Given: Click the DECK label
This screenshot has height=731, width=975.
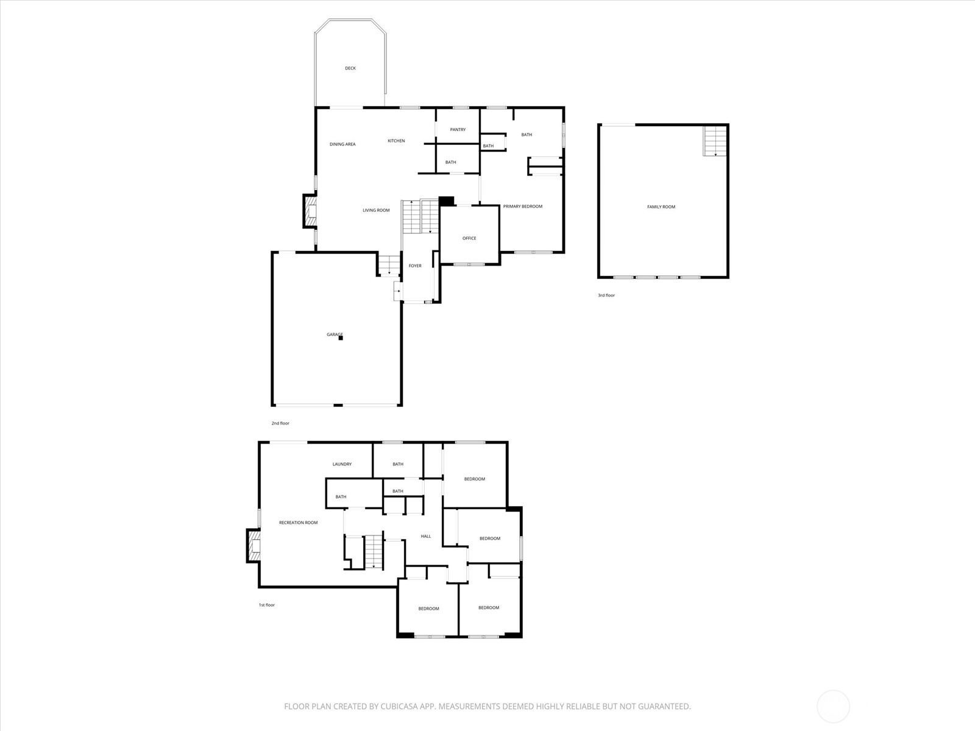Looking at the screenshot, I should pyautogui.click(x=350, y=68).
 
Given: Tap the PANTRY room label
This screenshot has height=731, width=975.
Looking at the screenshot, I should pyautogui.click(x=458, y=130).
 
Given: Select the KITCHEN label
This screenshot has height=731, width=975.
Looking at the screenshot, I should pyautogui.click(x=396, y=141).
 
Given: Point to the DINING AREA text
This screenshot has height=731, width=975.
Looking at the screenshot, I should pyautogui.click(x=342, y=144).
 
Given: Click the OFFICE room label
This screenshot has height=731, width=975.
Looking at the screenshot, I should pyautogui.click(x=469, y=238).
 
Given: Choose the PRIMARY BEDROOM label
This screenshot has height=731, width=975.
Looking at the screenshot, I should pyautogui.click(x=523, y=207).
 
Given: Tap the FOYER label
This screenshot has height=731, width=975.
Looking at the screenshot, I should pyautogui.click(x=415, y=266).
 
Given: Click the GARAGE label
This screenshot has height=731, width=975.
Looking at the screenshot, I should pyautogui.click(x=334, y=334).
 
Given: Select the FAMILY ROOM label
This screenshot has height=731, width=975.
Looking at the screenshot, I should pyautogui.click(x=661, y=207).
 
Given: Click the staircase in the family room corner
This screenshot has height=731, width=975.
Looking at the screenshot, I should pyautogui.click(x=715, y=141).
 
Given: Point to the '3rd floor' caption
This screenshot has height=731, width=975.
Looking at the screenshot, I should pyautogui.click(x=606, y=295).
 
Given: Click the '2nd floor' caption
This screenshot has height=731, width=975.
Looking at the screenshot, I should pyautogui.click(x=280, y=423).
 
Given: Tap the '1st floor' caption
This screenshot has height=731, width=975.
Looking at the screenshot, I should pyautogui.click(x=266, y=605).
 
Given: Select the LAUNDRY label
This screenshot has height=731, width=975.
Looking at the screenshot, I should pyautogui.click(x=342, y=464).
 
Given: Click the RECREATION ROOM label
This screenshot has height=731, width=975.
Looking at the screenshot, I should pyautogui.click(x=298, y=523).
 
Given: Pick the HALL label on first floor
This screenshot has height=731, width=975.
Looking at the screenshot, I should pyautogui.click(x=426, y=536).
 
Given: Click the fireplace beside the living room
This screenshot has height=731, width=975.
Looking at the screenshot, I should pyautogui.click(x=310, y=211).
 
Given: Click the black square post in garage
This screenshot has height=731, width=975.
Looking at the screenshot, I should pyautogui.click(x=341, y=338).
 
